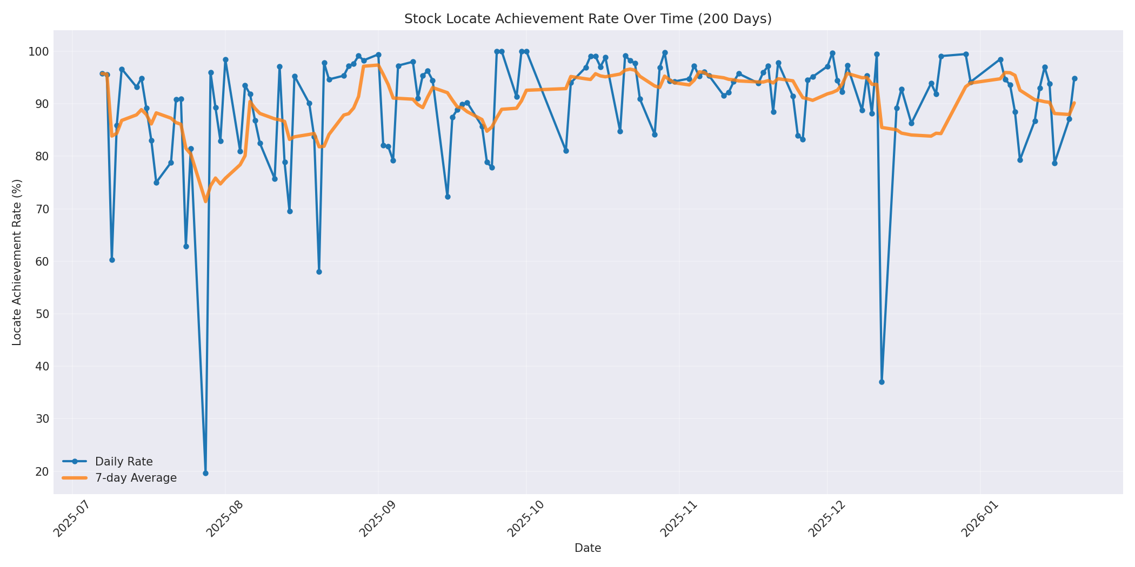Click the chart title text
tap(587, 19)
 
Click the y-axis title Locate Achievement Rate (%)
tap(17, 262)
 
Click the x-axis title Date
tap(587, 548)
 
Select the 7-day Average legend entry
tap(136, 478)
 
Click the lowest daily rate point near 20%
tap(205, 473)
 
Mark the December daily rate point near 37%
tap(882, 382)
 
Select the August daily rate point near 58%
tap(319, 272)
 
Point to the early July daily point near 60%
tap(112, 260)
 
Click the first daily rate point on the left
tap(102, 73)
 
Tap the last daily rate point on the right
tap(1074, 78)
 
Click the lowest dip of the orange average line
tap(205, 201)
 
